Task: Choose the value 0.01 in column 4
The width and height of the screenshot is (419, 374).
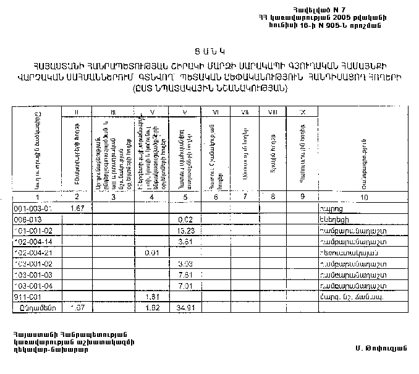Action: tap(151, 253)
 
